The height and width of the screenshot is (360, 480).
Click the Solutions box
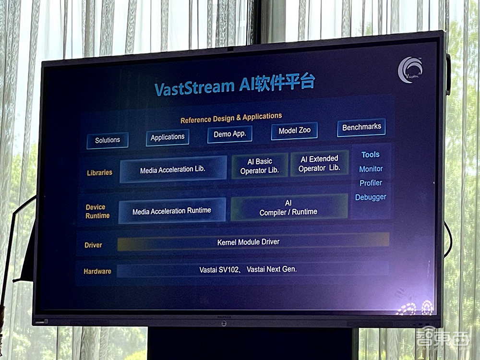point(108,140)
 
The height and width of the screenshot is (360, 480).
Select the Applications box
point(168,137)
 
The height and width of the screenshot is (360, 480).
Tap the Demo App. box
point(229,134)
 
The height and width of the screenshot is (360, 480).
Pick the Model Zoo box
point(294,131)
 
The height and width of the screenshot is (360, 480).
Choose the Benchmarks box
point(361,127)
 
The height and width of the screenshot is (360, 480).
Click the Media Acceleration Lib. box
point(173,169)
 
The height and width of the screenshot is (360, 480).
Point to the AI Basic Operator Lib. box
point(260,166)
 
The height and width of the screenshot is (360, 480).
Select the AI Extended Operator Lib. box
point(319,164)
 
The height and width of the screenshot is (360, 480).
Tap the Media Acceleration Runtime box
point(172,211)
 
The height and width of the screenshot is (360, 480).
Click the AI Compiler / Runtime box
point(288,207)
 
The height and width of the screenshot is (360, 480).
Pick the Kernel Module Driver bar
point(253,242)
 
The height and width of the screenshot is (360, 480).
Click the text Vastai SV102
point(218,270)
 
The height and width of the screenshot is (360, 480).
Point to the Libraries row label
point(99,173)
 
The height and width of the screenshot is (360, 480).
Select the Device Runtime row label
point(97,211)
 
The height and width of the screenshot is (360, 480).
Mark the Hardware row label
point(97,271)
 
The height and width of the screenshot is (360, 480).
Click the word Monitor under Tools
point(371,169)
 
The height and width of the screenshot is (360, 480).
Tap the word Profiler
point(371,183)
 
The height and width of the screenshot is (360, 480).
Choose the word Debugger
point(371,197)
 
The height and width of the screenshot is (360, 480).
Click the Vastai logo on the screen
point(410,70)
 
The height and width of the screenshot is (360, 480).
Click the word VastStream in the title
point(194,87)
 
